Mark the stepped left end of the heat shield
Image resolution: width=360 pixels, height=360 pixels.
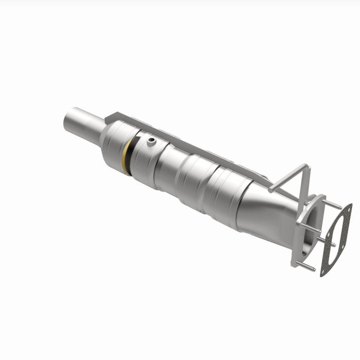111,119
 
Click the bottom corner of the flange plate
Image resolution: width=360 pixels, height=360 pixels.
295,263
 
